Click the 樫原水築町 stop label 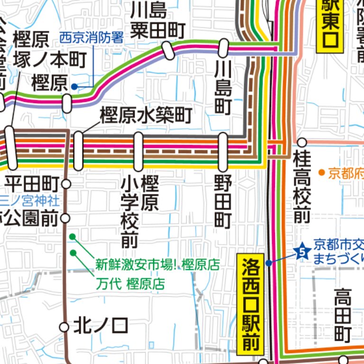point(146,115)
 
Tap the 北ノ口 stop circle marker point(64,327)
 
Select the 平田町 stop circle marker point(66,183)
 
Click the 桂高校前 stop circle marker point(302,142)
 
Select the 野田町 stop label point(223,201)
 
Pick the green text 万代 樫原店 point(130,284)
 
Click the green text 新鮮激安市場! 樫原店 point(157,264)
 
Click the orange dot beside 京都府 point(322,173)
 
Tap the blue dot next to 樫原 point(74,87)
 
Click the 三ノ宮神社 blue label point(29,200)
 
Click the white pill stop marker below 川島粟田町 point(168,50)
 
